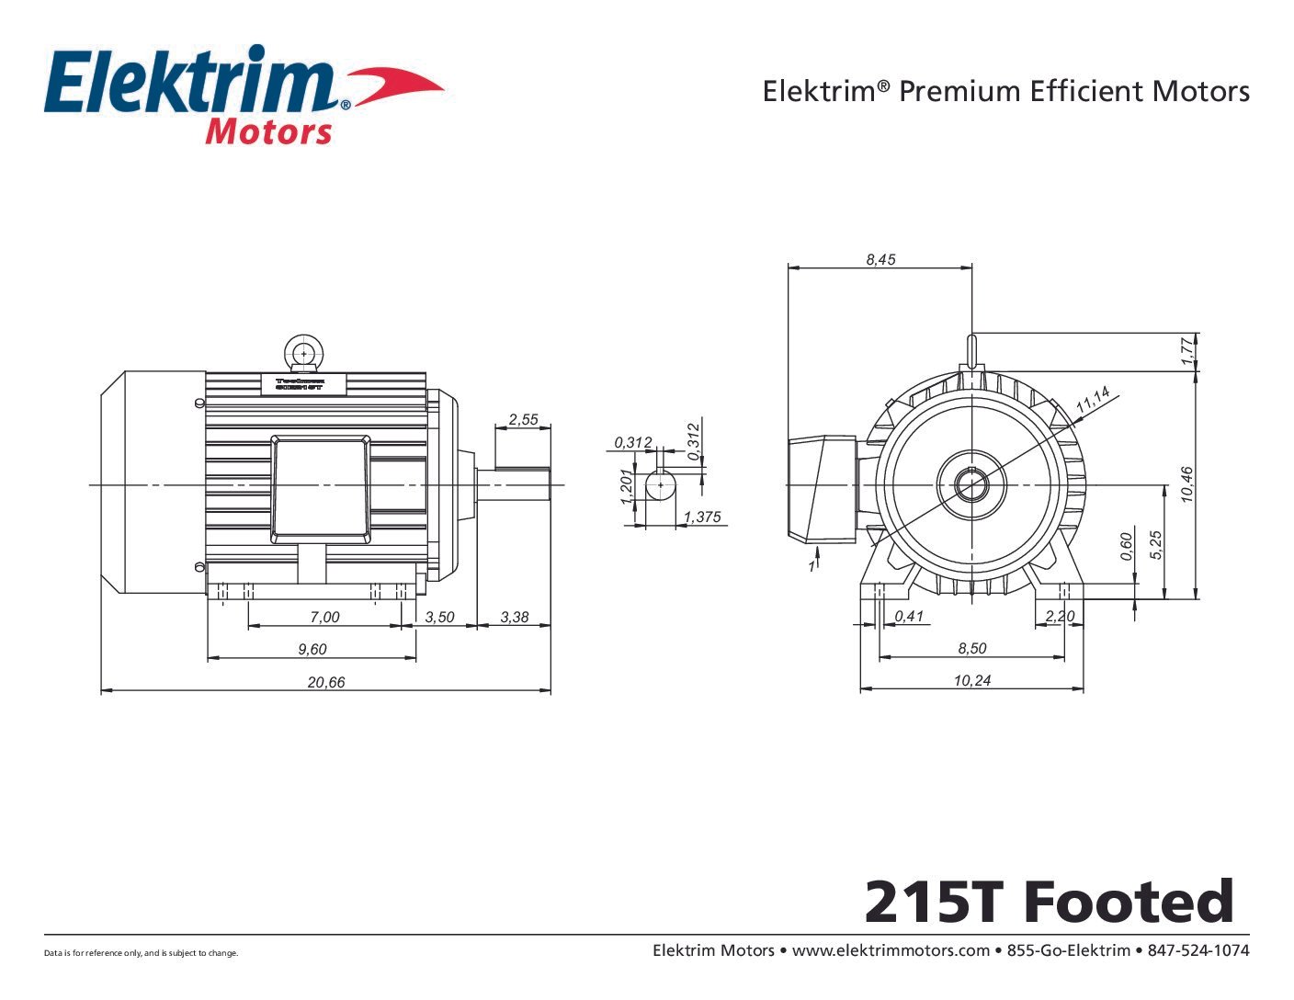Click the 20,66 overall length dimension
coord(325,682)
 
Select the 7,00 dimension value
coord(324,617)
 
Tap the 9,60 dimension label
coord(312,649)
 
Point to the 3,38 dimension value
coord(515,617)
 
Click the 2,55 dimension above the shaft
coord(524,419)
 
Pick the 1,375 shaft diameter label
coord(702,517)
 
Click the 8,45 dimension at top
coord(880,259)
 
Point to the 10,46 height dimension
coord(1186,484)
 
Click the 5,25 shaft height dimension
coord(1156,544)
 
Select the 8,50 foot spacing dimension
coord(971,648)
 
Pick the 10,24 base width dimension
coord(971,680)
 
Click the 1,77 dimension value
coord(1186,351)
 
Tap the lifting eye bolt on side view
coord(303,352)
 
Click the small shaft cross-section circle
coord(660,484)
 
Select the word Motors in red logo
coord(268,131)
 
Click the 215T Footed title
coord(1049,902)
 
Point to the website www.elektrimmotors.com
coord(890,950)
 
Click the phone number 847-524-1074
coord(1198,950)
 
